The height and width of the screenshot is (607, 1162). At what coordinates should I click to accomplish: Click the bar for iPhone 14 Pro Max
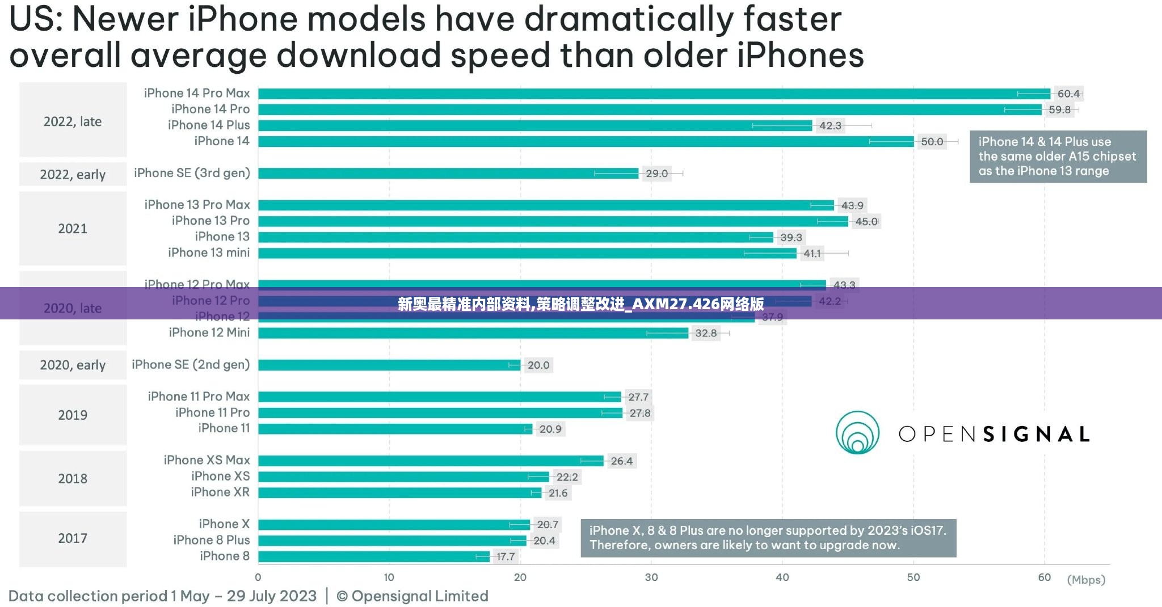(652, 94)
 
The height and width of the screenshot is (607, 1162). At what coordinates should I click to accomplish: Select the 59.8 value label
(1059, 109)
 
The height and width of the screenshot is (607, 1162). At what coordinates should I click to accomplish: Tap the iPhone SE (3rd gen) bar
(448, 173)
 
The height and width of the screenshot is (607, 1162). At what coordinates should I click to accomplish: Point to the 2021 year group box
(73, 229)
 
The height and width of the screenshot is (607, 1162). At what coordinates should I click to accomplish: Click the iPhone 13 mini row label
(208, 253)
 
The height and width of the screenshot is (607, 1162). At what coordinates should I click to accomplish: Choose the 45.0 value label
(866, 221)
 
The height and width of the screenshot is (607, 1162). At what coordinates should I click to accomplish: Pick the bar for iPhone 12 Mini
(473, 333)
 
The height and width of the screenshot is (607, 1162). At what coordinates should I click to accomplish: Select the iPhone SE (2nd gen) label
(191, 365)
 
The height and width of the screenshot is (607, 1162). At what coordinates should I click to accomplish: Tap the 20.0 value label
(538, 365)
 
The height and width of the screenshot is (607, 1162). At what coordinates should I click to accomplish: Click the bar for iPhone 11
(395, 429)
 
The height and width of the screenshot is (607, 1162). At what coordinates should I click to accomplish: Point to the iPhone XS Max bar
(430, 461)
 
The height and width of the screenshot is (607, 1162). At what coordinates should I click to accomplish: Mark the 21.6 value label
(558, 493)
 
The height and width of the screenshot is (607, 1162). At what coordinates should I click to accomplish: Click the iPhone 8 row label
(224, 556)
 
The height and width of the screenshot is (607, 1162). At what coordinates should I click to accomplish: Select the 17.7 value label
(505, 557)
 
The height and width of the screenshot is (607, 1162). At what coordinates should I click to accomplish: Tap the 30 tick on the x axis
(651, 578)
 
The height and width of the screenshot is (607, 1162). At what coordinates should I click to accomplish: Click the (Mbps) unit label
(1086, 580)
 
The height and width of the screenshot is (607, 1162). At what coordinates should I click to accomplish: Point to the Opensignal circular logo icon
(857, 433)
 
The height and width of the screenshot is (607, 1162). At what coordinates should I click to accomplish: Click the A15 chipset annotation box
(1058, 157)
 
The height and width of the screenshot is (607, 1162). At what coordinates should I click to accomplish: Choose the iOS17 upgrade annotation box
(768, 538)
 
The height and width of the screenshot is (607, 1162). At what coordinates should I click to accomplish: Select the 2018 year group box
(73, 478)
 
